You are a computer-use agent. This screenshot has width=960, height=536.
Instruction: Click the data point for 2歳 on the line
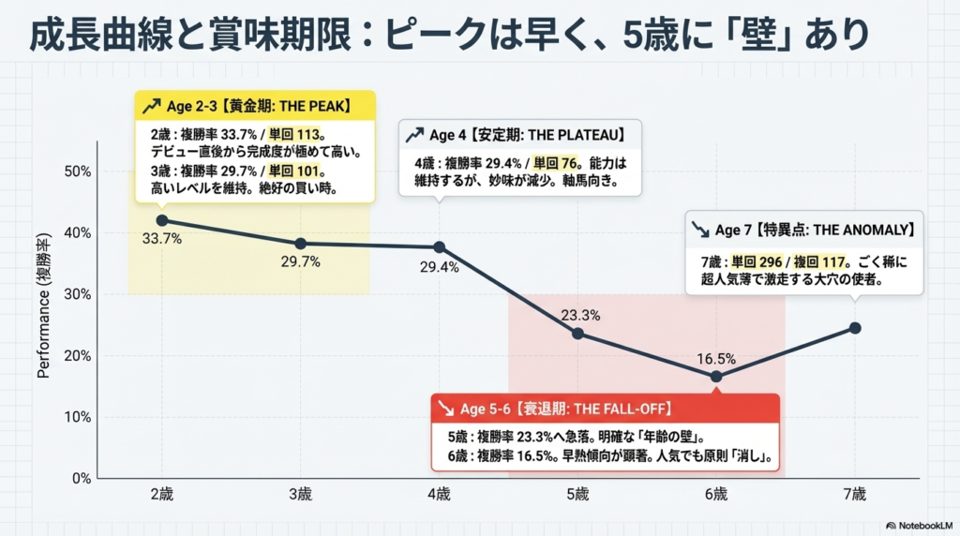[x=161, y=220]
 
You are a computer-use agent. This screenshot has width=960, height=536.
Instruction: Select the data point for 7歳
[x=854, y=328]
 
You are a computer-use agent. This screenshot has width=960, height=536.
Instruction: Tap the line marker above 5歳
[x=577, y=334]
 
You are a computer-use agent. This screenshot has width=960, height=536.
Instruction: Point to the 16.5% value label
[x=716, y=358]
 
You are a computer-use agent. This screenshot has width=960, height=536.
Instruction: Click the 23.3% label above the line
[x=578, y=316]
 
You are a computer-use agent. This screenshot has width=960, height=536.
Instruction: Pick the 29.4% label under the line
[x=439, y=267]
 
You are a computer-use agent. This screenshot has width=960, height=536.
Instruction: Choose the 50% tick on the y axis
[x=77, y=171]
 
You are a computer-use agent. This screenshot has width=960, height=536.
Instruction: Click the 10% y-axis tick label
[x=77, y=417]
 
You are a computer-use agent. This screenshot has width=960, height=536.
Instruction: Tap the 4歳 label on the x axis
[x=439, y=494]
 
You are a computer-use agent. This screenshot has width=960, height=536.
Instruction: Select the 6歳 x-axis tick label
[x=716, y=494]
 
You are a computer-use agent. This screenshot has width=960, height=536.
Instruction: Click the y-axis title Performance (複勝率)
[x=44, y=308]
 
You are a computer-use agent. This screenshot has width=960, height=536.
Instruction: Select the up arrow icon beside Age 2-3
[x=150, y=105]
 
